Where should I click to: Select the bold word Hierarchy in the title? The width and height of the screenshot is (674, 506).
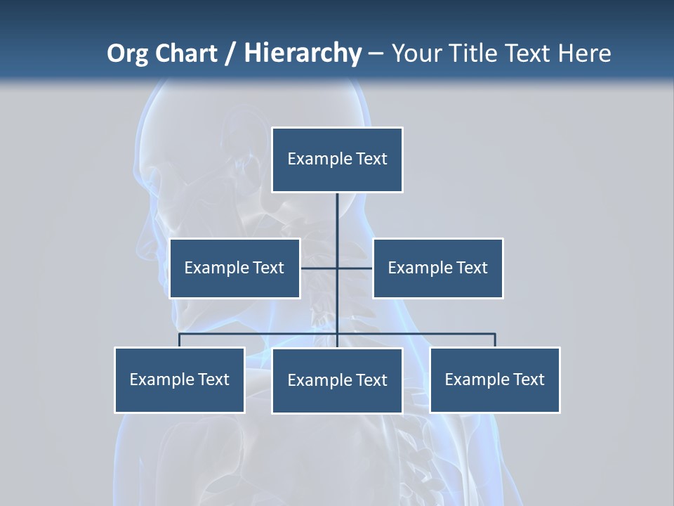pyautogui.click(x=303, y=53)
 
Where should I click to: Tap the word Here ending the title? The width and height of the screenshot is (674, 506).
pyautogui.click(x=585, y=53)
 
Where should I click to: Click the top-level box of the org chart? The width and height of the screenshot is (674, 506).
pyautogui.click(x=337, y=160)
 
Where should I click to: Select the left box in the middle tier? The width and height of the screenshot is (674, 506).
pyautogui.click(x=234, y=268)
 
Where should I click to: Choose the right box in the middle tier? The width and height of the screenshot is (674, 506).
pyautogui.click(x=437, y=268)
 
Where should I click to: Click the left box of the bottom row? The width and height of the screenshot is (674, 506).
pyautogui.click(x=179, y=379)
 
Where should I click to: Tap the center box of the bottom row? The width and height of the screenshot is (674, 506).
pyautogui.click(x=337, y=380)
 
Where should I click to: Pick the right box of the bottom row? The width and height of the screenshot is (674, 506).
pyautogui.click(x=494, y=379)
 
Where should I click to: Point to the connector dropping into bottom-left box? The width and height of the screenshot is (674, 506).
pyautogui.click(x=179, y=340)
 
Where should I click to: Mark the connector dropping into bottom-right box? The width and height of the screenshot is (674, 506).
pyautogui.click(x=495, y=340)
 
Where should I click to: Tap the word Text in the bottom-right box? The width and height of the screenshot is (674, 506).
pyautogui.click(x=529, y=379)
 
